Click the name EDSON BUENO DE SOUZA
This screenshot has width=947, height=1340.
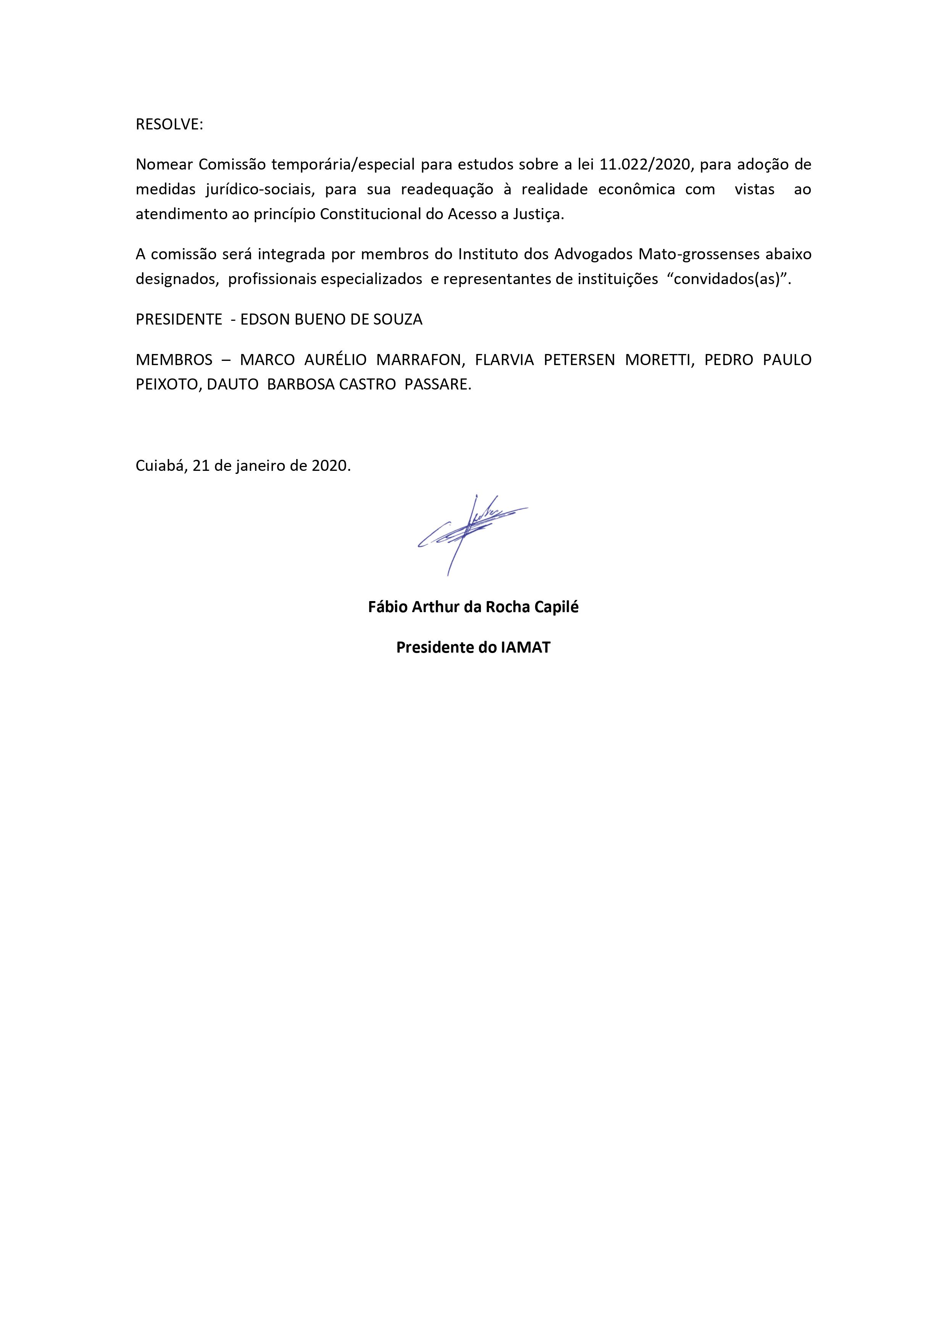331,320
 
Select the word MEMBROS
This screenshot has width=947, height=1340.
174,360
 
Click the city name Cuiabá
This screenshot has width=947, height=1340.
159,466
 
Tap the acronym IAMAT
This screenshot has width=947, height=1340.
525,648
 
